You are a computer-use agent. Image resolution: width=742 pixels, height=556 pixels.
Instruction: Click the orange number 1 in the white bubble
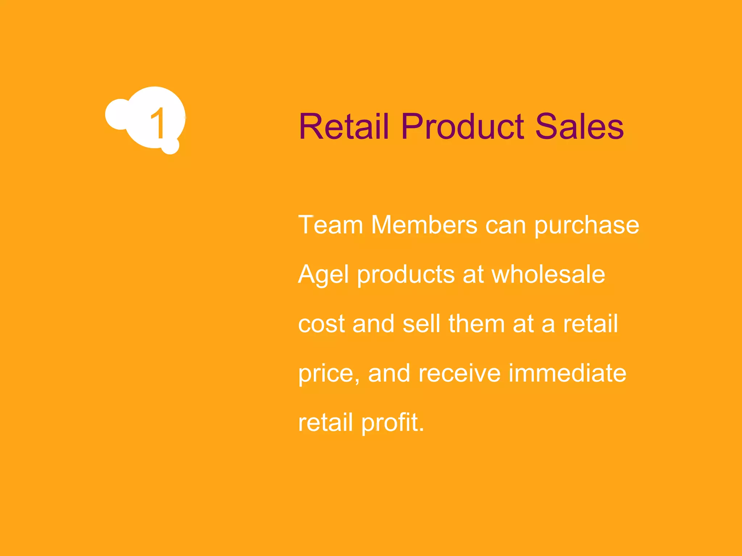click(158, 123)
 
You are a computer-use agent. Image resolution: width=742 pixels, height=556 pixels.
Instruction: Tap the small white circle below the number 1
click(170, 146)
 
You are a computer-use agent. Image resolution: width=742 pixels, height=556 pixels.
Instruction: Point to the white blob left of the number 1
click(117, 114)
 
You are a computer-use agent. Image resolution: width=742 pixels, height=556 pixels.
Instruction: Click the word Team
click(330, 225)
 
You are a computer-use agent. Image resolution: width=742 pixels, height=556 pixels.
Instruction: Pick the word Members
click(424, 225)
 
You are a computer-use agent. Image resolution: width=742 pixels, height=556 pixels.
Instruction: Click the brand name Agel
click(324, 275)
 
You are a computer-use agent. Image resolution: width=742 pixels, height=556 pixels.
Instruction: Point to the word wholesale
click(548, 274)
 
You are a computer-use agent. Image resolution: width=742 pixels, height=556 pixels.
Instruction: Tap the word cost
click(321, 324)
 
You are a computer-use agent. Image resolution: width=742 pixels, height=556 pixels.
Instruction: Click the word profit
click(392, 422)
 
